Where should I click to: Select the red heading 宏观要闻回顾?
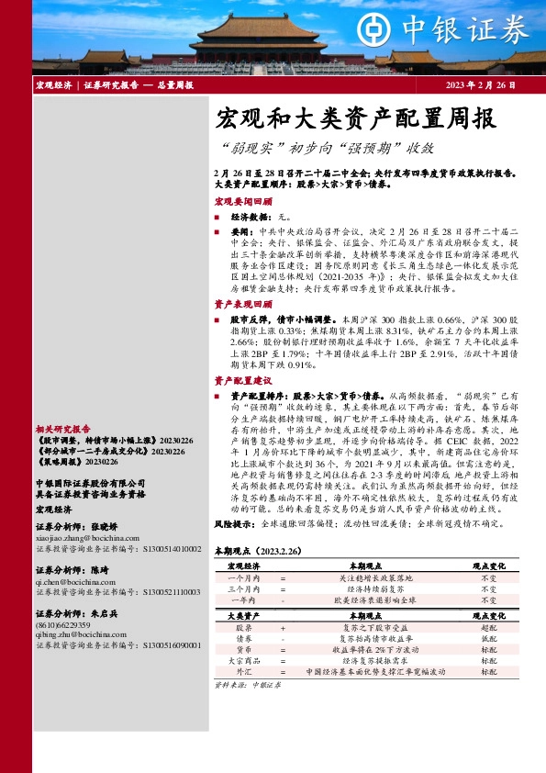[x=242, y=200]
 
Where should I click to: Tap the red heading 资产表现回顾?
[x=242, y=304]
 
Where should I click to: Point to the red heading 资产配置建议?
[x=242, y=379]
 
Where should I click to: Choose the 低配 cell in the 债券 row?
[x=489, y=637]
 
